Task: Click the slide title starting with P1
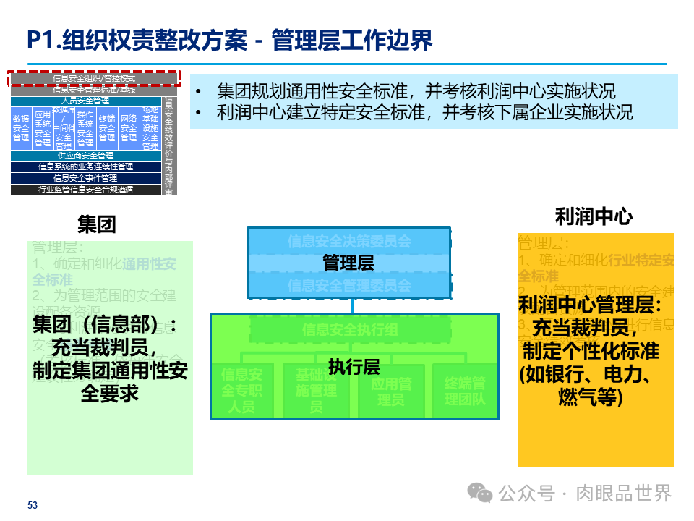pyautogui.click(x=230, y=41)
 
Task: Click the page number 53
pyautogui.click(x=32, y=504)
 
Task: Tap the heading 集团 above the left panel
pyautogui.click(x=96, y=224)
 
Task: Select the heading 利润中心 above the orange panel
pyautogui.click(x=594, y=216)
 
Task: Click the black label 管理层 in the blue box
pyautogui.click(x=348, y=263)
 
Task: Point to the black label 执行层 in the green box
pyautogui.click(x=354, y=367)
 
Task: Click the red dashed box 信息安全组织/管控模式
pyautogui.click(x=93, y=78)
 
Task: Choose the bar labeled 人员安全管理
pyautogui.click(x=85, y=101)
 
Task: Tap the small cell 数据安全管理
pyautogui.click(x=21, y=128)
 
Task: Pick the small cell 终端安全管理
pyautogui.click(x=107, y=128)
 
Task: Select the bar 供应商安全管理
pyautogui.click(x=85, y=156)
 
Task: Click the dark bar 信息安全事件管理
pyautogui.click(x=85, y=178)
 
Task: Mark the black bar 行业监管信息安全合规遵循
pyautogui.click(x=85, y=190)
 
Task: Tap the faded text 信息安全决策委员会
pyautogui.click(x=348, y=241)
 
